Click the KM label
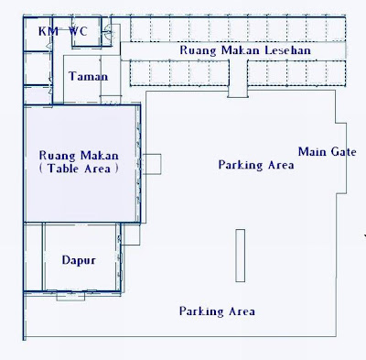(x=48, y=31)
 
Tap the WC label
(x=78, y=31)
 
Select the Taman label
(x=89, y=76)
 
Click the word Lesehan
(x=287, y=50)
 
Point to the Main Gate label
(x=327, y=152)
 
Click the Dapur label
(x=79, y=260)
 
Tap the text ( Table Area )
(x=79, y=169)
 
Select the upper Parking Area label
(x=256, y=165)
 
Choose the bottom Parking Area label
(x=217, y=311)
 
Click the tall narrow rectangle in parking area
(x=240, y=256)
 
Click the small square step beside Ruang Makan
(x=152, y=164)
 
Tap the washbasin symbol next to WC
(x=108, y=32)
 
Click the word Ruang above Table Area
(x=57, y=156)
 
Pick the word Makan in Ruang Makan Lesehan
(x=241, y=50)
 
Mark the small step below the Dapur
(x=70, y=297)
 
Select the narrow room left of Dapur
(x=34, y=256)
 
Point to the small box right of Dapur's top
(x=131, y=235)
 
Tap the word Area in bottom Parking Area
(x=242, y=311)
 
